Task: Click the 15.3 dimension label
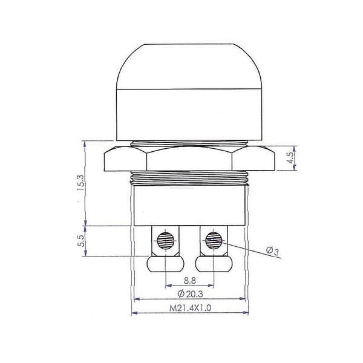click(x=81, y=183)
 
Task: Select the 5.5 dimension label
click(x=82, y=241)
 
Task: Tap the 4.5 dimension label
click(x=290, y=158)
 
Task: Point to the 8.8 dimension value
click(x=190, y=281)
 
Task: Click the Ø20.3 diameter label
click(x=190, y=294)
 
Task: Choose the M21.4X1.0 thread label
click(x=190, y=308)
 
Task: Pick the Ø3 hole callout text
click(x=273, y=251)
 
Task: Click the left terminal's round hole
click(x=166, y=241)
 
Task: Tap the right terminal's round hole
click(x=214, y=241)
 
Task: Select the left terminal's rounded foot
click(x=166, y=264)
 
